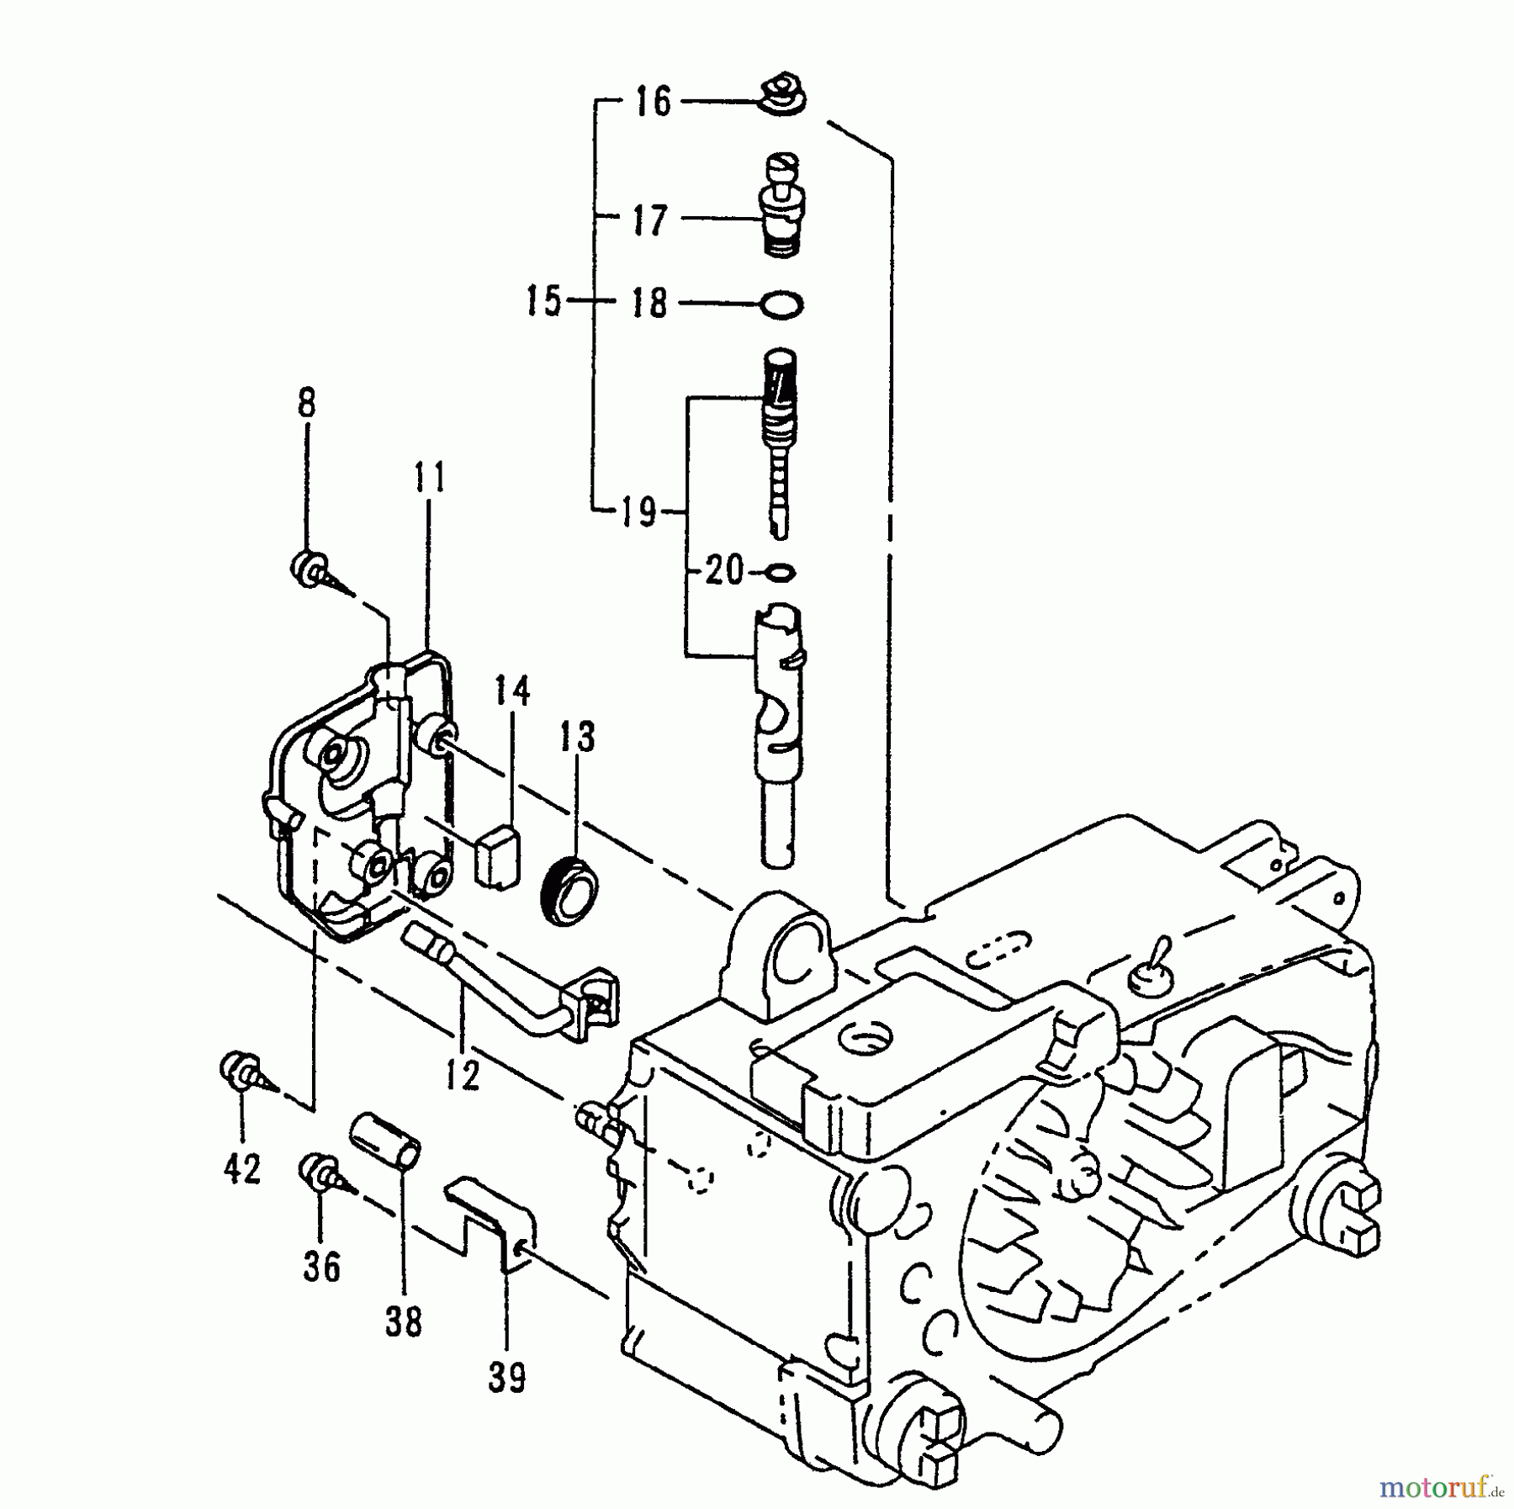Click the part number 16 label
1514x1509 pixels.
coord(653,103)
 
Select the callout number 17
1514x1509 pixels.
coord(650,220)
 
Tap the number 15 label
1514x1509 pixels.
coord(544,301)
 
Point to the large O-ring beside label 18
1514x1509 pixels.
coord(781,304)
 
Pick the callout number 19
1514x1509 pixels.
coord(638,511)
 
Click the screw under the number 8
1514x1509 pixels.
coord(313,570)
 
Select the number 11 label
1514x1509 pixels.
coord(429,478)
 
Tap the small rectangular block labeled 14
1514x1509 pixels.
coord(497,855)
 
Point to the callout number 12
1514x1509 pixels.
coord(463,1076)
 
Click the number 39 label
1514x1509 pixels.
coord(507,1378)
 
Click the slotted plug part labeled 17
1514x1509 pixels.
coord(782,204)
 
